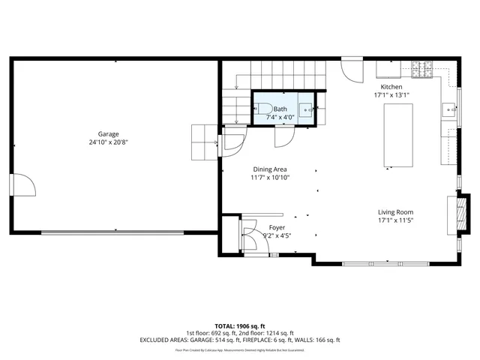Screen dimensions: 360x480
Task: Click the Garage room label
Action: pyautogui.click(x=108, y=134)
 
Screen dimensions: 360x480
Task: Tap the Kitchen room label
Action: pyautogui.click(x=392, y=87)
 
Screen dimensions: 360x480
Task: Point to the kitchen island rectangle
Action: pyautogui.click(x=398, y=135)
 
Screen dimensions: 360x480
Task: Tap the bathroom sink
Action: pyautogui.click(x=307, y=109)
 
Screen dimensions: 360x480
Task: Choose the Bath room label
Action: pyautogui.click(x=280, y=109)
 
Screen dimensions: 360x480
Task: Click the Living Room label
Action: pyautogui.click(x=395, y=212)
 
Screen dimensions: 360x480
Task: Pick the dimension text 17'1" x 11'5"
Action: pyautogui.click(x=395, y=220)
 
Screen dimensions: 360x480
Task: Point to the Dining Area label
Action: pyautogui.click(x=269, y=169)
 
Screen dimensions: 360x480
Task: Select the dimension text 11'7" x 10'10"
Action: pyautogui.click(x=269, y=178)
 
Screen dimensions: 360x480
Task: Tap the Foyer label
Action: pyautogui.click(x=277, y=227)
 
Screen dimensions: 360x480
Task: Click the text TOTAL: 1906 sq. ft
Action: pyautogui.click(x=240, y=326)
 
